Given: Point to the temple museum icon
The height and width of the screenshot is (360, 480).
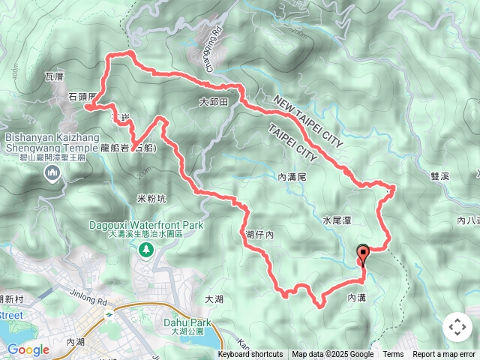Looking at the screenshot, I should point(52,174).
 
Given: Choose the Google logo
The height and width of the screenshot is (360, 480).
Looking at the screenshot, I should point(28,349).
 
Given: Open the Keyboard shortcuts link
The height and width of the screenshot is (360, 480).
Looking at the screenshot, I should point(250,355).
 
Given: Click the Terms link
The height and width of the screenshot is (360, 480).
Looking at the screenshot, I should point(393,355).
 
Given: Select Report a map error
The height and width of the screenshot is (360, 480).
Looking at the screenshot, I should point(445,355).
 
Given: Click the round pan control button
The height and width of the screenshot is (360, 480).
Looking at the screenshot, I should point(457,327).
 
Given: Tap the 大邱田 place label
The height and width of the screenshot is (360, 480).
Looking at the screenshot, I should point(213,101).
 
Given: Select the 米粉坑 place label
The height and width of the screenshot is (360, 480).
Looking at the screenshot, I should point(151,199).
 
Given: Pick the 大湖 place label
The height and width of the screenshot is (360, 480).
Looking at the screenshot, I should point(214,299).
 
